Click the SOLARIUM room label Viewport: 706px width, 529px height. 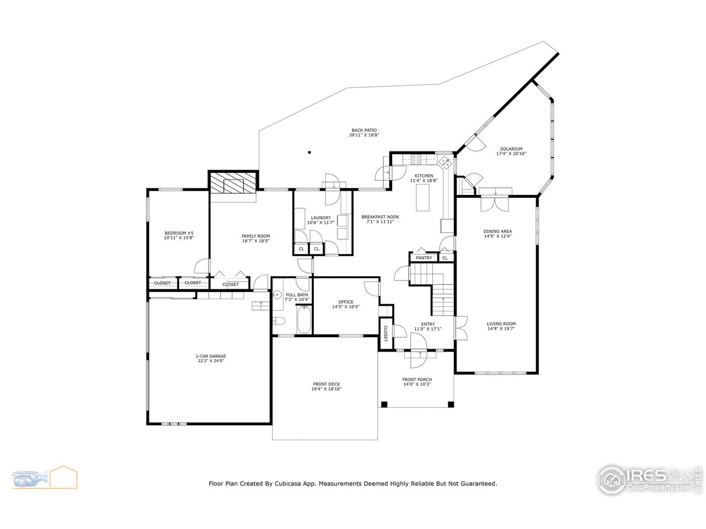click(x=511, y=149)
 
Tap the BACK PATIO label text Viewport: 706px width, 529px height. click(x=363, y=130)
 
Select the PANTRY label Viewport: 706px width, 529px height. click(x=424, y=258)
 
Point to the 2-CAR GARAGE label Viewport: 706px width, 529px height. click(x=211, y=356)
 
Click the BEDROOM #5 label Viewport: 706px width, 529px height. click(x=179, y=233)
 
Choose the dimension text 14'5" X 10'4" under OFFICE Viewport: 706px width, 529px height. click(x=346, y=307)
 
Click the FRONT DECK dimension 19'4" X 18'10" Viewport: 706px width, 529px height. click(x=327, y=389)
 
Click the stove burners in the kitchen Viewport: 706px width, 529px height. click(x=416, y=160)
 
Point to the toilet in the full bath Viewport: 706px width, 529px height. click(x=278, y=321)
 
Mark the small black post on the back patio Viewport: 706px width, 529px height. click(x=309, y=153)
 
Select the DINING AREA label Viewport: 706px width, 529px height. click(x=498, y=231)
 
